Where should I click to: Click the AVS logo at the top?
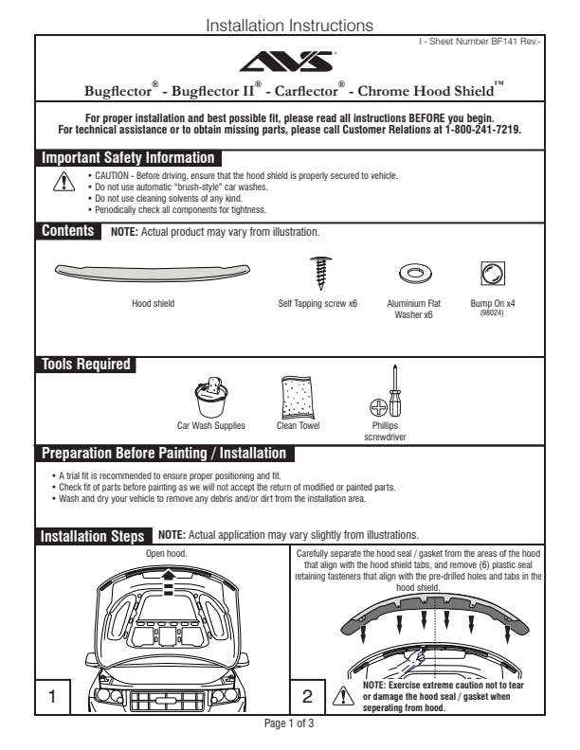point(289,62)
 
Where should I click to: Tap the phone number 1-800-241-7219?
point(482,129)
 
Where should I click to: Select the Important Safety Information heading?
point(128,158)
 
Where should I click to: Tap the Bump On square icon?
point(492,274)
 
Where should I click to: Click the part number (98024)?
point(492,312)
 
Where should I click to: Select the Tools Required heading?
point(85,364)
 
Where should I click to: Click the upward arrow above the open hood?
point(169,573)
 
